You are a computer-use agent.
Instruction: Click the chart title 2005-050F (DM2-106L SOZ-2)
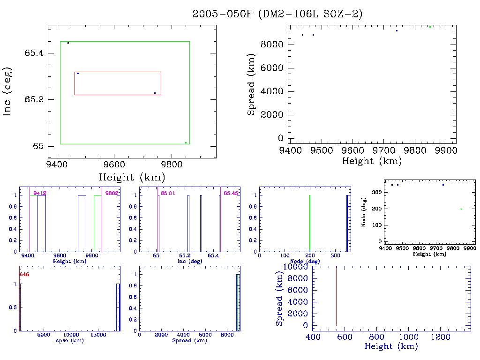point(277,14)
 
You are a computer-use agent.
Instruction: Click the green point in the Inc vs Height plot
point(186,142)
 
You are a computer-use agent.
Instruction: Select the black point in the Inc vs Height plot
point(68,43)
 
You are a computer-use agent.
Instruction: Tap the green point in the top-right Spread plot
point(430,27)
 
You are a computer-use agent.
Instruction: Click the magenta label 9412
point(40,193)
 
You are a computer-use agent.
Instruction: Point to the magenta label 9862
point(112,193)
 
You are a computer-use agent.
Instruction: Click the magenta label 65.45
point(231,193)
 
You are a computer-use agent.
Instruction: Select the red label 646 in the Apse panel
point(24,275)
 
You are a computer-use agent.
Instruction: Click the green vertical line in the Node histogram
point(310,223)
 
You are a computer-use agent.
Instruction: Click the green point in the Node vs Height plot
point(461,209)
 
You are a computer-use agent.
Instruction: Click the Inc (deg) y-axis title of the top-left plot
point(8,92)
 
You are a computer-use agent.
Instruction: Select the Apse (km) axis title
point(69,341)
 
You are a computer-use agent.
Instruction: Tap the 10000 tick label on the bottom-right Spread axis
point(294,267)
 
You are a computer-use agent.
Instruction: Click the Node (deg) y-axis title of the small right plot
point(364,214)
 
